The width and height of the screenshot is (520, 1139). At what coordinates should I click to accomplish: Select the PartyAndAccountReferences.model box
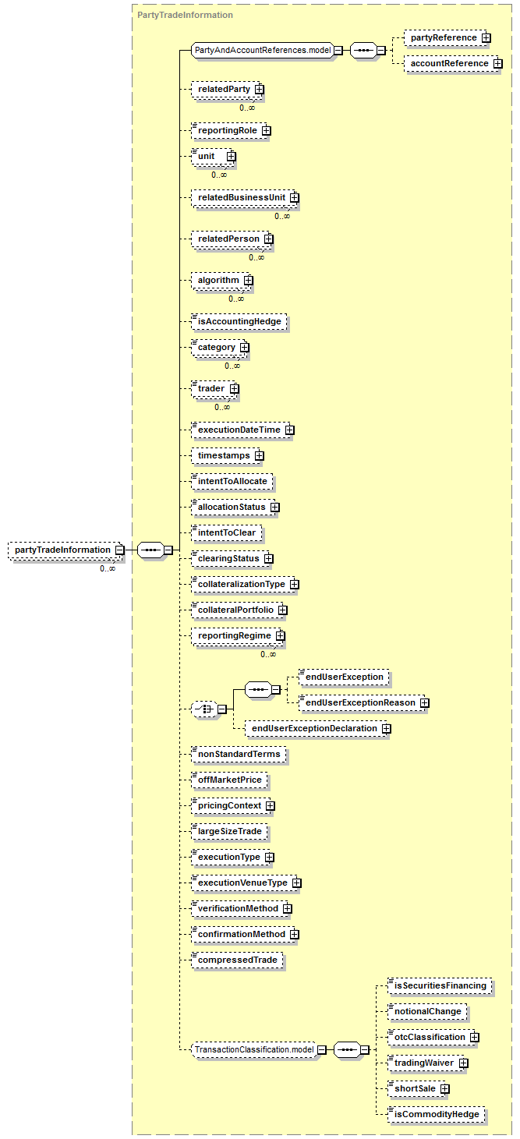pyautogui.click(x=262, y=50)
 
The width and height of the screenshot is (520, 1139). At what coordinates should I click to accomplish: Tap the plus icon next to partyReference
pyautogui.click(x=486, y=37)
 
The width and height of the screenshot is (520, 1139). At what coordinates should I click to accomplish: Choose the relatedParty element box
pyautogui.click(x=223, y=89)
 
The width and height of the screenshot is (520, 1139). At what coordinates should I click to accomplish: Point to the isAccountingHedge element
pyautogui.click(x=239, y=321)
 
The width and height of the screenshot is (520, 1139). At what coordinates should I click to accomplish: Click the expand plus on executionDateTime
pyautogui.click(x=289, y=430)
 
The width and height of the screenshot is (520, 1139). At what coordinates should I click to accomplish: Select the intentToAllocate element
pyautogui.click(x=232, y=481)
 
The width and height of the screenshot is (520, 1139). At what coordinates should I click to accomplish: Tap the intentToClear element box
pyautogui.click(x=227, y=532)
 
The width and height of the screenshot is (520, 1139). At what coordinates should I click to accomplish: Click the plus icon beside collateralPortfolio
pyautogui.click(x=283, y=610)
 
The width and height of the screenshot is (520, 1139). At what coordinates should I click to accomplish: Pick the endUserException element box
pyautogui.click(x=344, y=677)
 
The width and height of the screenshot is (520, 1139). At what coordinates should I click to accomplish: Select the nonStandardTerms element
pyautogui.click(x=238, y=754)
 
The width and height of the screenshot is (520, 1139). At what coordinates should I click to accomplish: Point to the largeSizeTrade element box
pyautogui.click(x=229, y=831)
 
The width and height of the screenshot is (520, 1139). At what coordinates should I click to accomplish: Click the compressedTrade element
pyautogui.click(x=237, y=960)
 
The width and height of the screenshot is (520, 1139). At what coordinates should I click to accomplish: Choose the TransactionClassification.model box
pyautogui.click(x=254, y=1050)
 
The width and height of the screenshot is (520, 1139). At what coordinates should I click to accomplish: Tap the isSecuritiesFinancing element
pyautogui.click(x=440, y=985)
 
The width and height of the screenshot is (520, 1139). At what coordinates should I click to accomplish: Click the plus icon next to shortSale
pyautogui.click(x=445, y=1088)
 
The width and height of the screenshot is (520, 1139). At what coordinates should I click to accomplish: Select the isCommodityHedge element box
pyautogui.click(x=436, y=1114)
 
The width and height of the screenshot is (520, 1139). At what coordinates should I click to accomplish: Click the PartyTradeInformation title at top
pyautogui.click(x=185, y=15)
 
